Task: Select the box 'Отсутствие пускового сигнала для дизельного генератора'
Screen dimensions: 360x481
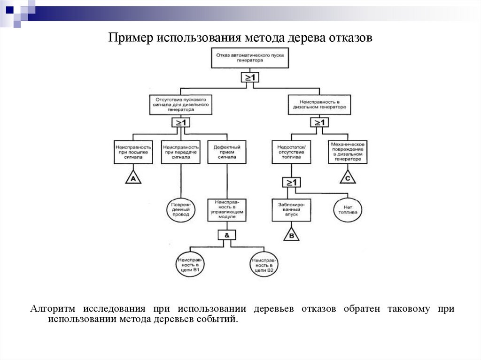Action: (x=181, y=104)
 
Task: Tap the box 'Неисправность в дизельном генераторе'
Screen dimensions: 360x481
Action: (x=319, y=104)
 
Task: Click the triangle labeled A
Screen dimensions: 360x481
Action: (x=133, y=178)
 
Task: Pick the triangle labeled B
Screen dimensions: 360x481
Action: (x=291, y=235)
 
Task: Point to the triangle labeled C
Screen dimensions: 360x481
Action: (x=347, y=178)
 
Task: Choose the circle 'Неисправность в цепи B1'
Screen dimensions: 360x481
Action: (x=189, y=265)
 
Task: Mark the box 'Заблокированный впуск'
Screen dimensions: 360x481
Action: (x=291, y=209)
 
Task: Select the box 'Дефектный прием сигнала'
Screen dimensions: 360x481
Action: (x=227, y=152)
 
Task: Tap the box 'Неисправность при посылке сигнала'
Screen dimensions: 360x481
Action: (x=133, y=152)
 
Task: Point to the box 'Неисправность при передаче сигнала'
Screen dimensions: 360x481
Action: (x=180, y=152)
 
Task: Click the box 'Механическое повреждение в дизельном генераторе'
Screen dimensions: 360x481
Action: (x=347, y=152)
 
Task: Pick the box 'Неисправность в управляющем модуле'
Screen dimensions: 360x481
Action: (x=227, y=209)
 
